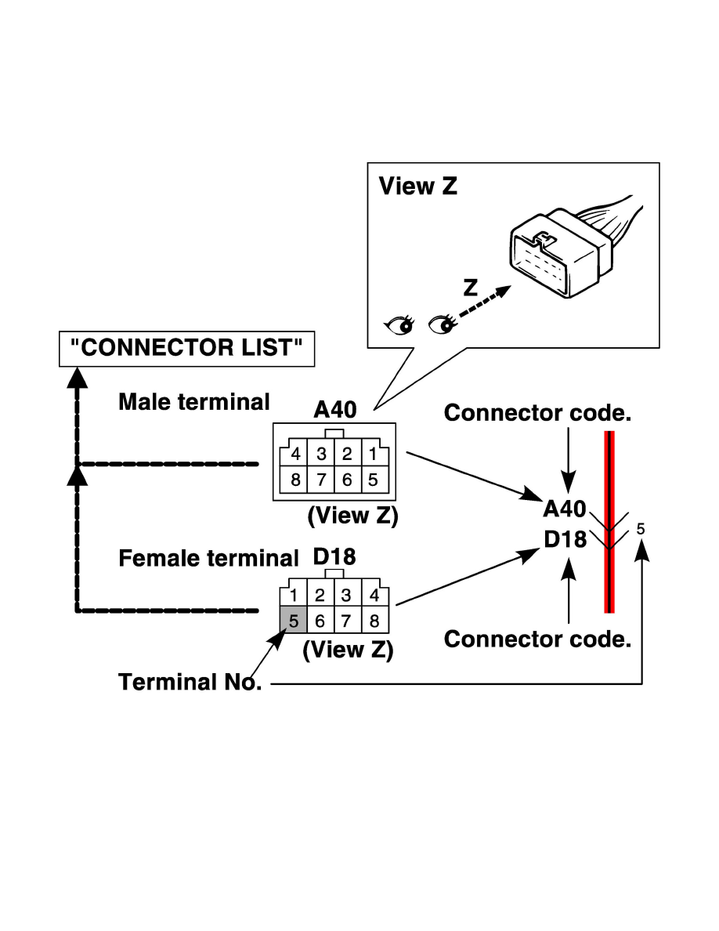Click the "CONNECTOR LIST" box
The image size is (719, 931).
(186, 348)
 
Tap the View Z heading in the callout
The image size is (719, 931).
(417, 187)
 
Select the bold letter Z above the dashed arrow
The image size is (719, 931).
(470, 288)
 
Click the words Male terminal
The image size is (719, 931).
(193, 402)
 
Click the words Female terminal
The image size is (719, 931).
(208, 559)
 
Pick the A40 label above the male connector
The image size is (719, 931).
(334, 409)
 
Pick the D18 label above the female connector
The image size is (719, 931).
(334, 557)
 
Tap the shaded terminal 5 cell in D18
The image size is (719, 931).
(293, 621)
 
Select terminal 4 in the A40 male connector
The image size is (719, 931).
(295, 455)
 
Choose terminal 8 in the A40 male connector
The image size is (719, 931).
(295, 480)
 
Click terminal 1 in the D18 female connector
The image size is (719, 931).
(294, 596)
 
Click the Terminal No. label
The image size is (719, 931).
(189, 683)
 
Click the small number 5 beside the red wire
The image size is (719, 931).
(641, 529)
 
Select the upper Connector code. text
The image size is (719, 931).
(537, 414)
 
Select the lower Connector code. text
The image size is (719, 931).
(537, 639)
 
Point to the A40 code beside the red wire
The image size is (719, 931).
(565, 509)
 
